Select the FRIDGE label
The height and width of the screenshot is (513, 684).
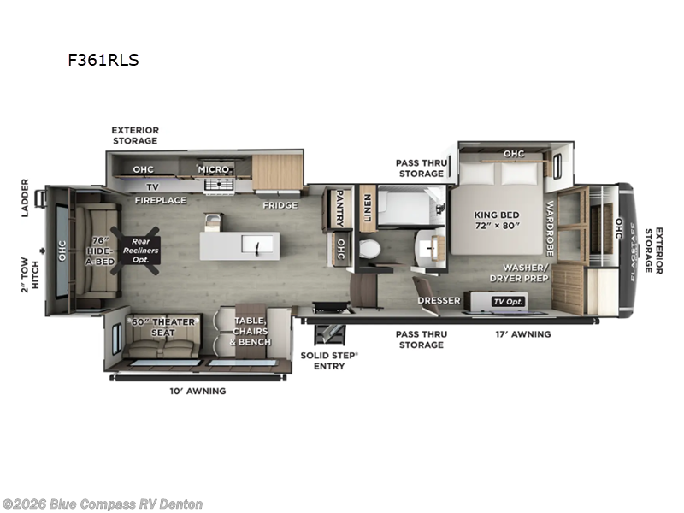pyautogui.click(x=280, y=205)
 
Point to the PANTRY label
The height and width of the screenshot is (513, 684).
pyautogui.click(x=339, y=209)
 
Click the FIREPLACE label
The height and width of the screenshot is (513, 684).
pyautogui.click(x=160, y=200)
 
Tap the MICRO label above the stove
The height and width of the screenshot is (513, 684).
pyautogui.click(x=214, y=169)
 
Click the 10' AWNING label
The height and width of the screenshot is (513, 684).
pyautogui.click(x=198, y=391)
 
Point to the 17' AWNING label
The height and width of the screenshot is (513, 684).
pyautogui.click(x=523, y=334)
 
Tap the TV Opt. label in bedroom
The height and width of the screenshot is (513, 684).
pyautogui.click(x=507, y=302)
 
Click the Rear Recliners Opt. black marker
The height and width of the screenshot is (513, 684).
pyautogui.click(x=139, y=249)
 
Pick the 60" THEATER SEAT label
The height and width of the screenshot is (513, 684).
pyautogui.click(x=163, y=327)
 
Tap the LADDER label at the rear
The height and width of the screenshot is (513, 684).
pyautogui.click(x=25, y=197)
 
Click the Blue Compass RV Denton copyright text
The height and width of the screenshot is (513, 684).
pyautogui.click(x=103, y=504)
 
